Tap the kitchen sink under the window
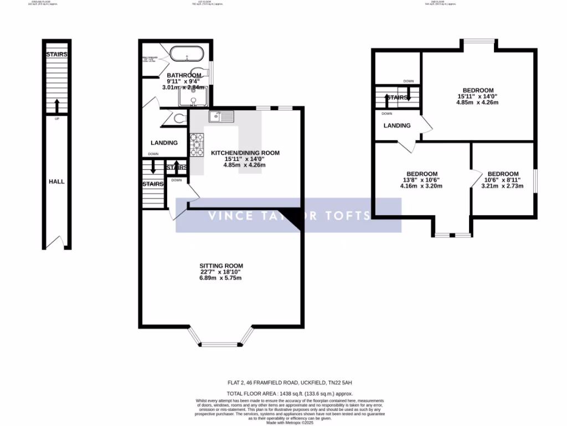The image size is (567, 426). (x=221, y=116)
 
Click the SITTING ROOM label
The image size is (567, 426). (x=221, y=266)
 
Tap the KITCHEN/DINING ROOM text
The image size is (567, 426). (x=244, y=153)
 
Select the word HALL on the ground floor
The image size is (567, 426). (x=56, y=181)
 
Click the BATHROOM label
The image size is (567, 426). (x=184, y=75)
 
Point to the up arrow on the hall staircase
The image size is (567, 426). (x=56, y=105)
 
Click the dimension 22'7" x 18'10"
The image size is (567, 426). (x=221, y=272)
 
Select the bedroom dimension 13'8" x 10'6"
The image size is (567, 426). (x=422, y=180)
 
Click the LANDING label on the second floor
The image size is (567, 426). (x=397, y=125)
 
